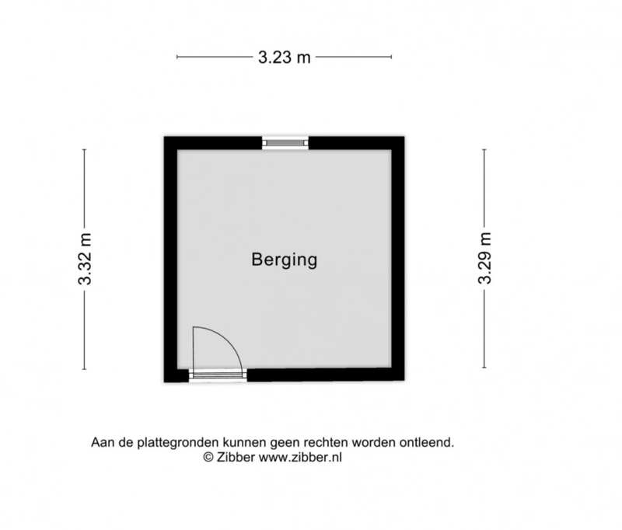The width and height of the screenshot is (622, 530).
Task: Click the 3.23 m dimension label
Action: pyautogui.click(x=284, y=58)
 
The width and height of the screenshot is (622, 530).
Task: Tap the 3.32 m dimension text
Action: pyautogui.click(x=85, y=260)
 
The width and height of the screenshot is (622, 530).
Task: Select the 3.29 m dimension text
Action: pyautogui.click(x=484, y=258)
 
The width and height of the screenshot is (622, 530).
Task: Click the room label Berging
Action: pyautogui.click(x=285, y=260)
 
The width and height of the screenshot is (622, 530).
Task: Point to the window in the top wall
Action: pyautogui.click(x=285, y=143)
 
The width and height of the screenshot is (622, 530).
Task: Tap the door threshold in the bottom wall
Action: pyautogui.click(x=218, y=375)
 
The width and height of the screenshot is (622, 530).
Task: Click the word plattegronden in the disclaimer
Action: pyautogui.click(x=179, y=442)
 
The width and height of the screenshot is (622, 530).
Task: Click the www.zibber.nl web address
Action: pyautogui.click(x=300, y=458)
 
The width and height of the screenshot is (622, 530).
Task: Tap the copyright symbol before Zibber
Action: pyautogui.click(x=208, y=458)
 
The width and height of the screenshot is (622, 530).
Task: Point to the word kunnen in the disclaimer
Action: pyautogui.click(x=244, y=442)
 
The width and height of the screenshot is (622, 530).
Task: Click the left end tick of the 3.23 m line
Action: pyautogui.click(x=177, y=57)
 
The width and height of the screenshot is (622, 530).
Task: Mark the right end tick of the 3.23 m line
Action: pyautogui.click(x=392, y=57)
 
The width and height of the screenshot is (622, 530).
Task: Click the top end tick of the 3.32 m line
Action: pyautogui.click(x=84, y=150)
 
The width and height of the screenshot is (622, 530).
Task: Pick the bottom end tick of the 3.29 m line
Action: pyautogui.click(x=484, y=368)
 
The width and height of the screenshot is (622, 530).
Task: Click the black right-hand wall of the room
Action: pyautogui.click(x=398, y=258)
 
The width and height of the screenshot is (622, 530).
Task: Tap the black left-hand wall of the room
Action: pyautogui.click(x=170, y=260)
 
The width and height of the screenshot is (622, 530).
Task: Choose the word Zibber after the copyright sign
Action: pyautogui.click(x=236, y=458)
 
